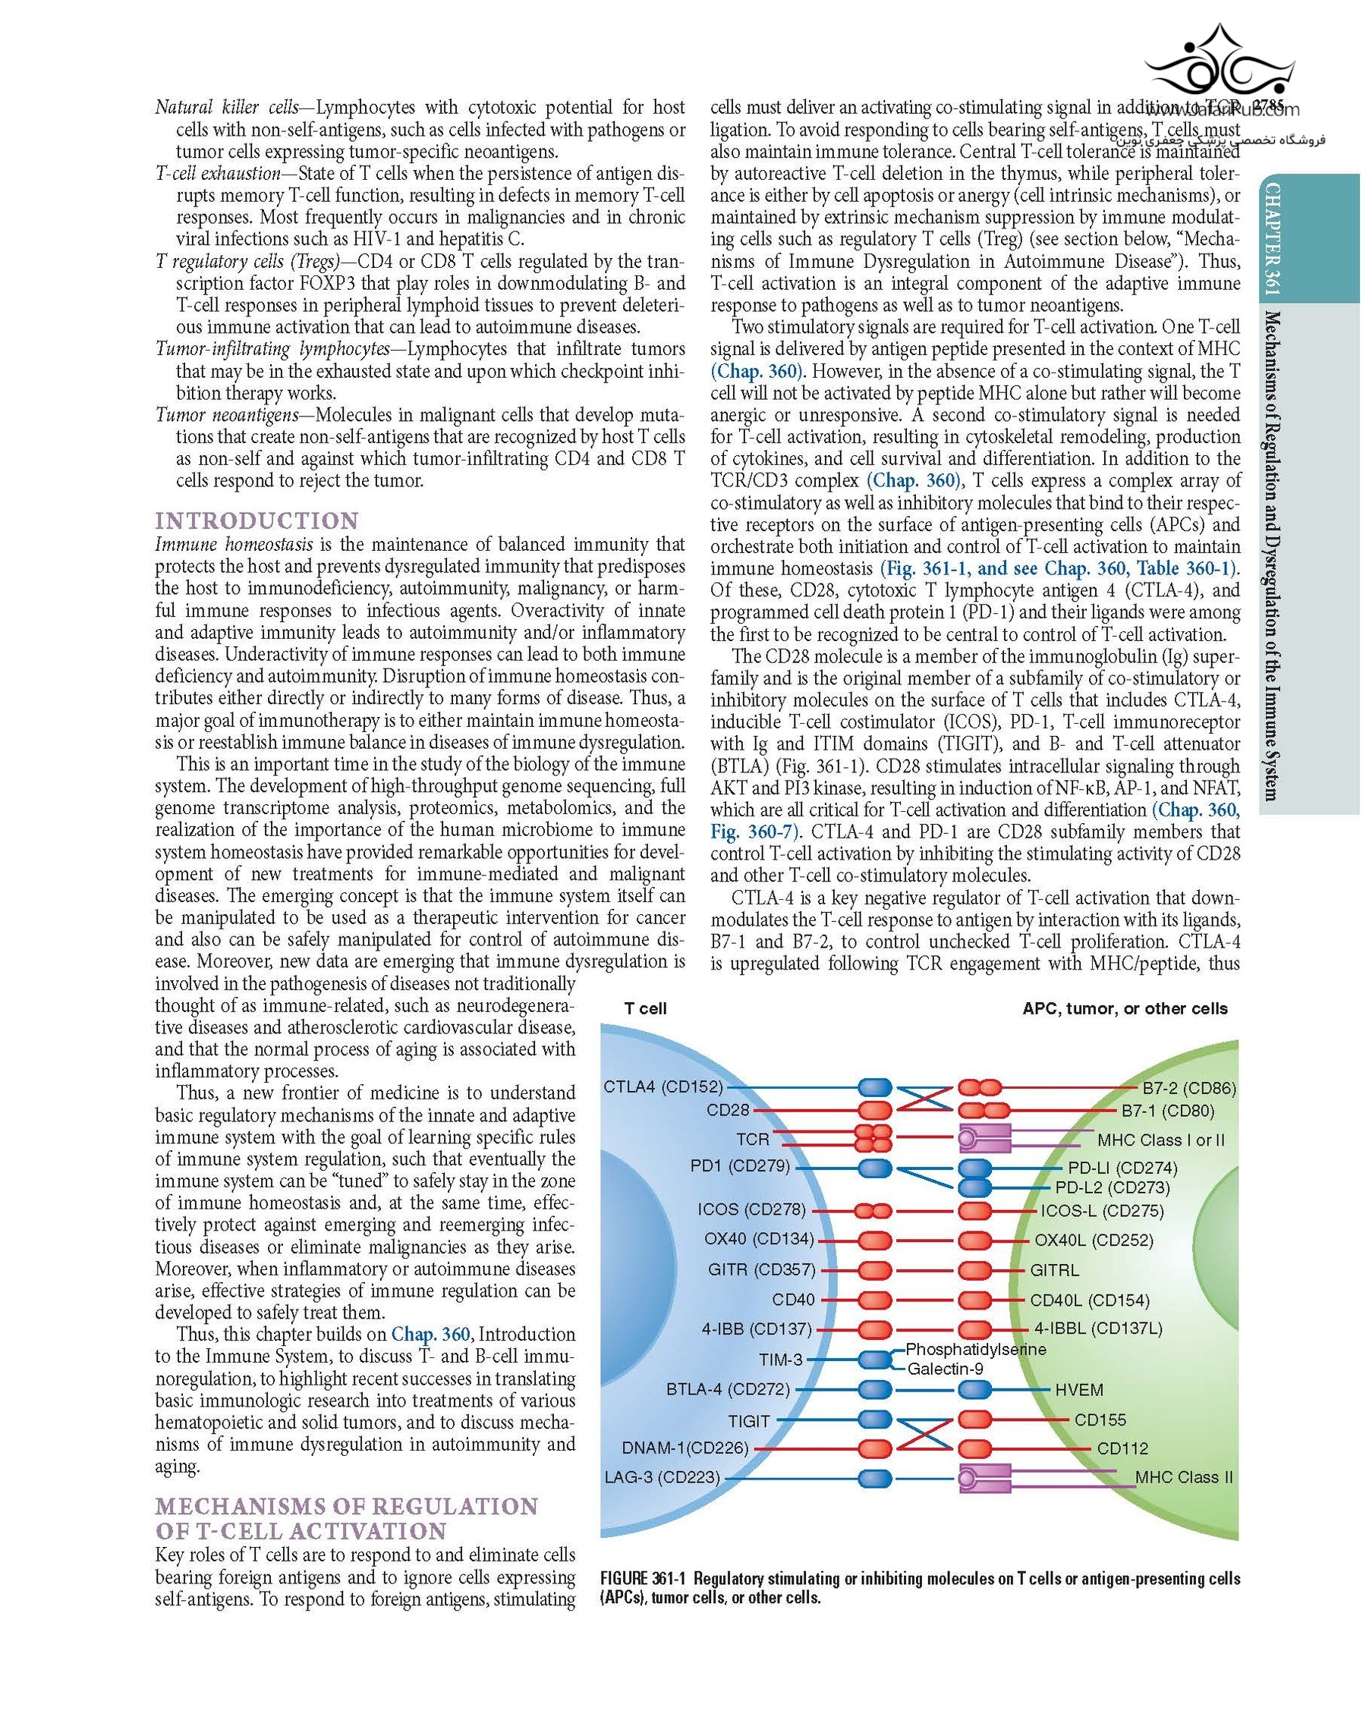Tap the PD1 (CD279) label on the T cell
[739, 1166]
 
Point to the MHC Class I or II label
[1160, 1140]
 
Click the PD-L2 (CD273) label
[1112, 1187]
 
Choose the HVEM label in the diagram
[1079, 1390]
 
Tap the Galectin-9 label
[945, 1369]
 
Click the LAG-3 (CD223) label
[662, 1478]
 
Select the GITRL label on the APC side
[1054, 1270]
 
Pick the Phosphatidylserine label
[975, 1349]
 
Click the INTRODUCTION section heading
[257, 521]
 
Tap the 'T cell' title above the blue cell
[645, 1008]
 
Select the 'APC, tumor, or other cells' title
[1125, 1008]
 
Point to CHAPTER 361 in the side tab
[1271, 239]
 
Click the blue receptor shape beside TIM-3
[874, 1359]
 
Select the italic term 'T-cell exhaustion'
[217, 174]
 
